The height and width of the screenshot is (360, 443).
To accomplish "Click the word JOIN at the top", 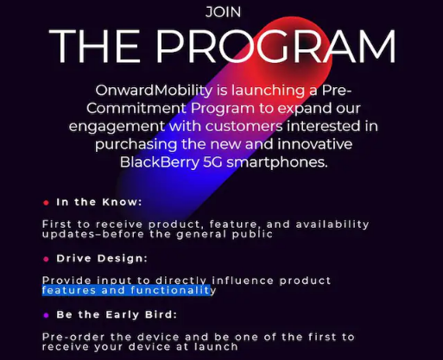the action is pyautogui.click(x=224, y=12).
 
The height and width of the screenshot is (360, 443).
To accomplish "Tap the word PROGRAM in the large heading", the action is pyautogui.click(x=275, y=46).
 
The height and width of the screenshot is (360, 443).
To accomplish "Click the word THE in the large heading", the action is pyautogui.click(x=95, y=46).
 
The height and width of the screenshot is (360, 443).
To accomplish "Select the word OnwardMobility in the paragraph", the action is pyautogui.click(x=154, y=91).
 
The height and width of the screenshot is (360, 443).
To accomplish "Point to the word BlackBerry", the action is pyautogui.click(x=160, y=162).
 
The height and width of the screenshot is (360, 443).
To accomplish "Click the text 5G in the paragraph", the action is pyautogui.click(x=212, y=162).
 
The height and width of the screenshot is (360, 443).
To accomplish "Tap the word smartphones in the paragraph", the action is pyautogui.click(x=277, y=162).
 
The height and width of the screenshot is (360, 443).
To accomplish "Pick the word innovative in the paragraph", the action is pyautogui.click(x=315, y=144).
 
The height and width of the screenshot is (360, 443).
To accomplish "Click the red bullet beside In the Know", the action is pyautogui.click(x=46, y=203).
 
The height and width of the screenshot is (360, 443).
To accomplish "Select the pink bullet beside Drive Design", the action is pyautogui.click(x=46, y=259).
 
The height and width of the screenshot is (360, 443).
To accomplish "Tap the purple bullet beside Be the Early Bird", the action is pyautogui.click(x=46, y=315).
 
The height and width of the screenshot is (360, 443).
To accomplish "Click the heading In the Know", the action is pyautogui.click(x=99, y=202).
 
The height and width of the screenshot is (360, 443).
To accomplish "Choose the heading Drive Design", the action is pyautogui.click(x=102, y=258).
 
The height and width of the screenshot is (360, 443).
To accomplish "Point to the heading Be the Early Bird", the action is pyautogui.click(x=117, y=315).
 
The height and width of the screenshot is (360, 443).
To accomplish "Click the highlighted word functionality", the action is pyautogui.click(x=174, y=290).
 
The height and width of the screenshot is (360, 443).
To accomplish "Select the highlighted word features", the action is pyautogui.click(x=69, y=290).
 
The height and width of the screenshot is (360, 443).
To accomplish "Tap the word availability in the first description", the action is pyautogui.click(x=332, y=224).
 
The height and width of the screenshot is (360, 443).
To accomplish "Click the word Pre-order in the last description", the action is pyautogui.click(x=73, y=337).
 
